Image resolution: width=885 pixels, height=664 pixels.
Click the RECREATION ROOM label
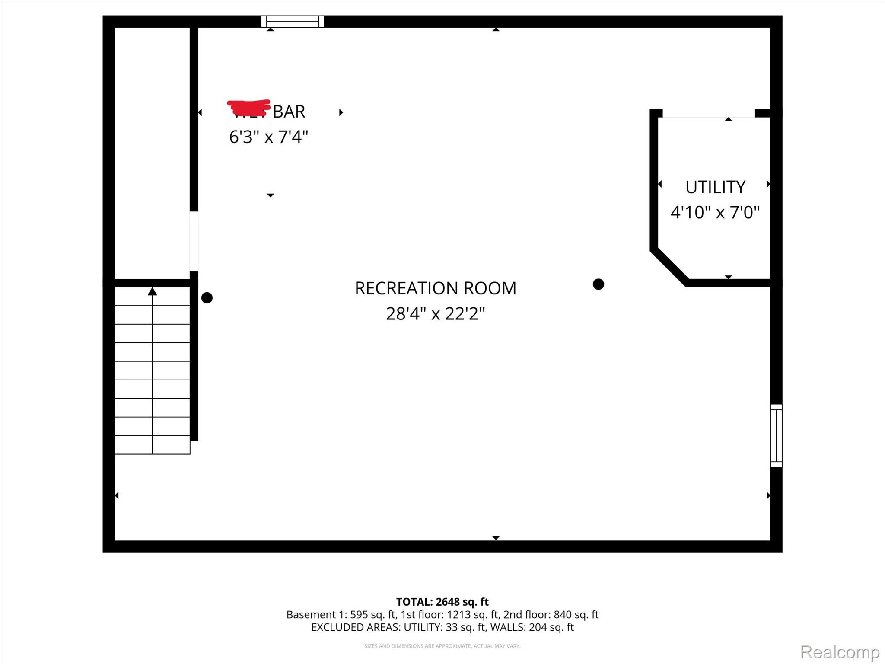point(435,288)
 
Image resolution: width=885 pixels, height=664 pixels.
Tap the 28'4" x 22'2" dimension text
point(435,314)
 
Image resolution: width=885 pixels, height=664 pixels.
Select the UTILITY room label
point(715,187)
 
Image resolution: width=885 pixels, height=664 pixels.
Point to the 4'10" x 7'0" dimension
point(715,213)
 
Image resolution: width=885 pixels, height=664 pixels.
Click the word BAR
point(289,112)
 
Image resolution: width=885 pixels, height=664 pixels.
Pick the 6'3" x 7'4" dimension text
point(268,137)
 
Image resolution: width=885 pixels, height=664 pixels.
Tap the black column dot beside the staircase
point(207,298)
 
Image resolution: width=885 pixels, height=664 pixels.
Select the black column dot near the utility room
point(598,284)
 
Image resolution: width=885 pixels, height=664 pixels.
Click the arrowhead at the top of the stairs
point(152,292)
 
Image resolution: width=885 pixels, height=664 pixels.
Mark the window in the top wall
point(293,21)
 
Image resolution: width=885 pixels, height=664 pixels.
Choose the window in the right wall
point(776,436)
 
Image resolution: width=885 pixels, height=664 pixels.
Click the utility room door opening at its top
point(709,113)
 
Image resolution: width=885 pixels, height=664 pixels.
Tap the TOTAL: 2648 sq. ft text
point(442,602)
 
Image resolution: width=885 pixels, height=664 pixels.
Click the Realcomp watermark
point(840,652)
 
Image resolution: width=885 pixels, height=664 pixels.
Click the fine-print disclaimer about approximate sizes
point(442,646)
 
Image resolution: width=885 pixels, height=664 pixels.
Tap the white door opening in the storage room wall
point(194,241)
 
